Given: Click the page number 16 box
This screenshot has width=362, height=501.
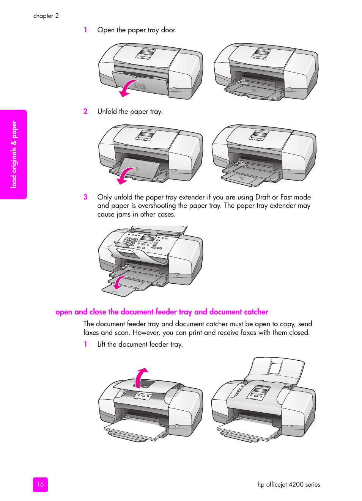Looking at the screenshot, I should [40, 484].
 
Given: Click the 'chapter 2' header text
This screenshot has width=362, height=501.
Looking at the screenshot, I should [46, 16].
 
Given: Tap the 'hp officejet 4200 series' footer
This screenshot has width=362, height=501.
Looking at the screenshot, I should [288, 484].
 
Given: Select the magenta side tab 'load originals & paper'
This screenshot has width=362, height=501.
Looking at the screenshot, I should [14, 154].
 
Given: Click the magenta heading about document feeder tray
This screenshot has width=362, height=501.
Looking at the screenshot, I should [162, 312].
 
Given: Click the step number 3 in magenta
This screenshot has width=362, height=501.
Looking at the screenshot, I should [85, 197].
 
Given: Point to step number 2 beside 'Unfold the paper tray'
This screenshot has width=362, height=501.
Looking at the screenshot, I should [85, 111].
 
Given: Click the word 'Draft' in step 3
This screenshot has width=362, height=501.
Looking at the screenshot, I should [263, 197].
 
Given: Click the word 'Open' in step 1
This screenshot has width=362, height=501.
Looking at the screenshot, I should [106, 30].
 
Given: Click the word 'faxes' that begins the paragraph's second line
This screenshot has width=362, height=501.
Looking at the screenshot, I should [91, 333].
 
